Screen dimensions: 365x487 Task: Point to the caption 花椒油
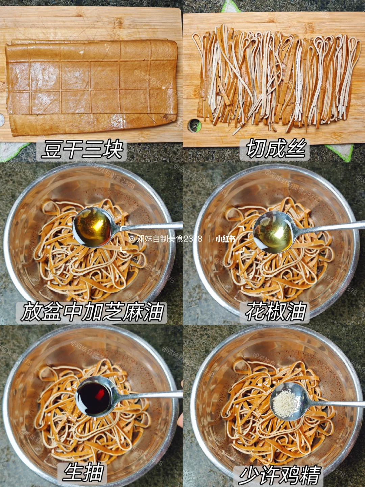tap(275, 312)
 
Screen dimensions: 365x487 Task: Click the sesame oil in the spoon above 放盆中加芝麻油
tap(92, 227)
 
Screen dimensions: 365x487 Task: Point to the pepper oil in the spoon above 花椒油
tap(274, 232)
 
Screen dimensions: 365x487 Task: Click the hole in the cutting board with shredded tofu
tap(194, 125)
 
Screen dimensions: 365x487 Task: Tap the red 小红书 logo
tap(226, 239)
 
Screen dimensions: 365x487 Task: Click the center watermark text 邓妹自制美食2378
tap(165, 239)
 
